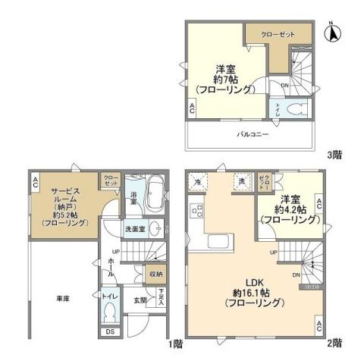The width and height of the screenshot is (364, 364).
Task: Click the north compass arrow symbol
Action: coord(331,33)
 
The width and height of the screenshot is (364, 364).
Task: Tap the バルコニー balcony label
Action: coord(248,133)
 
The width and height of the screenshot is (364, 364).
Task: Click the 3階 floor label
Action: coord(334,155)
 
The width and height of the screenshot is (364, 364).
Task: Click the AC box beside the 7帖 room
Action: coord(192,108)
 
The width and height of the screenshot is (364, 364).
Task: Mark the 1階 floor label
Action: coord(176,343)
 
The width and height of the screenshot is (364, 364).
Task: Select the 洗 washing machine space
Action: coord(240,181)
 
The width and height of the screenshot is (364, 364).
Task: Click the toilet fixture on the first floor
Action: coord(111,310)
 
